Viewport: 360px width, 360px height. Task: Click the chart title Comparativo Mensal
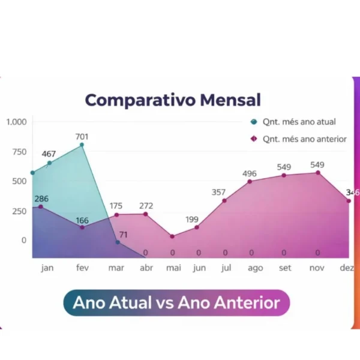172,100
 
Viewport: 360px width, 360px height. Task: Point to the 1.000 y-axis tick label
17,122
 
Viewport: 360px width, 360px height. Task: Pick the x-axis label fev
82,268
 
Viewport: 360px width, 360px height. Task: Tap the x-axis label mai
173,268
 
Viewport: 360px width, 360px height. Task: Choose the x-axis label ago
255,268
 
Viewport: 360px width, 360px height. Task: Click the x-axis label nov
317,268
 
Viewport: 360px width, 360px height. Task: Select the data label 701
82,137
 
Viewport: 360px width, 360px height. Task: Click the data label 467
49,154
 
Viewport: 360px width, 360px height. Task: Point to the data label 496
249,174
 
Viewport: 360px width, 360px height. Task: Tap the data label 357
218,193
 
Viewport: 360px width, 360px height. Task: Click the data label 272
146,206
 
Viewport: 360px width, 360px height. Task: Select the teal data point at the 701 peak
82,145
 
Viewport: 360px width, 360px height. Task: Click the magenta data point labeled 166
82,227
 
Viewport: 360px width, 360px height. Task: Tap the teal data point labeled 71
118,242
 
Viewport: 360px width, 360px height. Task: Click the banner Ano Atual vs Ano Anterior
176,302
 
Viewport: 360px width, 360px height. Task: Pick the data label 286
41,199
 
